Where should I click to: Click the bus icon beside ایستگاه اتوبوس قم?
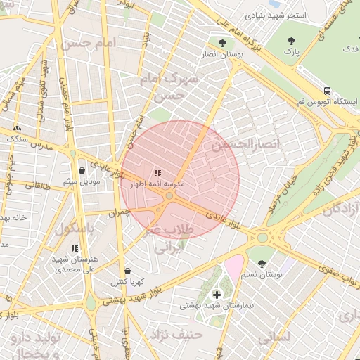(x=327, y=91)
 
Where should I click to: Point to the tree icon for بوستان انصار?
(x=221, y=42)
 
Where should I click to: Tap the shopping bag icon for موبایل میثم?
(x=82, y=170)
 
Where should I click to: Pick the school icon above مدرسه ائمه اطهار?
(x=157, y=172)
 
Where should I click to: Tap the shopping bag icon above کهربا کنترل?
(x=127, y=271)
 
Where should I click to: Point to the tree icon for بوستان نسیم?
(x=262, y=264)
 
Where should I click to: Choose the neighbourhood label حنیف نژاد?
(x=181, y=335)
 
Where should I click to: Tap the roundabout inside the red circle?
(x=169, y=196)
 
